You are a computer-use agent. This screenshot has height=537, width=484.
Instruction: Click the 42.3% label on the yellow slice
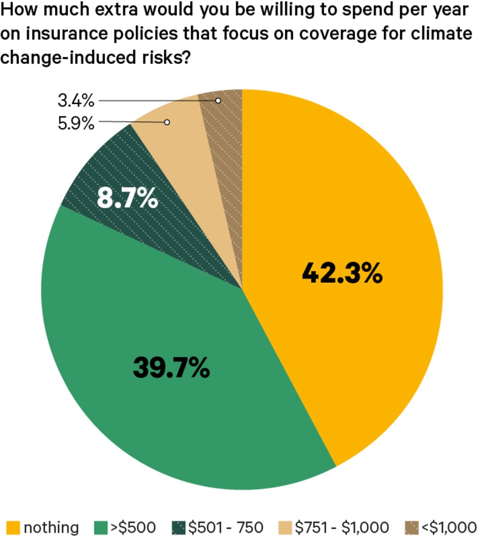point(342,274)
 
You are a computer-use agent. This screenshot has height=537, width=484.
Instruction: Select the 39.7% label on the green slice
point(171,367)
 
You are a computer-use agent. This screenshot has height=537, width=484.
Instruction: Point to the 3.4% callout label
point(75,100)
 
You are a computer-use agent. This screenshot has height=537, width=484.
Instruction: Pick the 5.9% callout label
point(75,124)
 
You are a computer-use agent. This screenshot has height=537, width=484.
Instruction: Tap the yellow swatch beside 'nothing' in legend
point(13,527)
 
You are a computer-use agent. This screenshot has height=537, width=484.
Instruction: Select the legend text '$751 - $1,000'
point(342,527)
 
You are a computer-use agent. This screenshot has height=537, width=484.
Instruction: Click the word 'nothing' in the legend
point(51,527)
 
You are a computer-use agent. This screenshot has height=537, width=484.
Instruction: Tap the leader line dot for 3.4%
point(218,100)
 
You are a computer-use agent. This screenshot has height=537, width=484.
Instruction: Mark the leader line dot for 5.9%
point(167,122)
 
